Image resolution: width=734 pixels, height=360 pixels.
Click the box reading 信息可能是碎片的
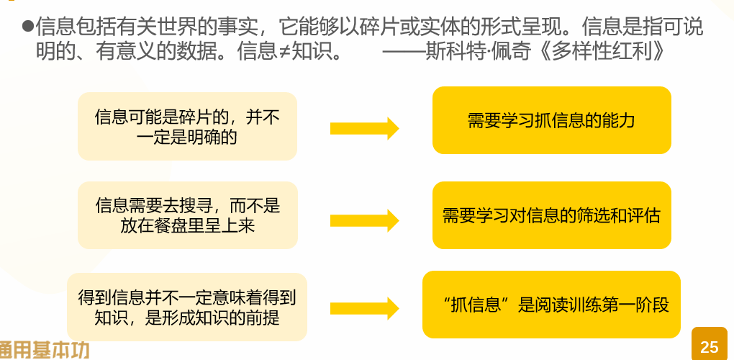coord(187,126)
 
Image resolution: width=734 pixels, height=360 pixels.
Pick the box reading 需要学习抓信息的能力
coord(552,120)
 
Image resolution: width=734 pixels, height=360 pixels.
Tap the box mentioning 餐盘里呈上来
coord(187,215)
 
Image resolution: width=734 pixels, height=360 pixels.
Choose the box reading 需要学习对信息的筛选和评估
coord(552,215)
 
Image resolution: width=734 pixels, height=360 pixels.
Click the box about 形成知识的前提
coord(187,307)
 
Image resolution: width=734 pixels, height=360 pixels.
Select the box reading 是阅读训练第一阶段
coord(552,305)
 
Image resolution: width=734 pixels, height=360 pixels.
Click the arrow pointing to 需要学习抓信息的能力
coord(364,128)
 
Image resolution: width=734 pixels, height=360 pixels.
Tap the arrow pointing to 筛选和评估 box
coord(364,220)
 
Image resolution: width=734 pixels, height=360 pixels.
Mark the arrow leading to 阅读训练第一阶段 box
coord(364,308)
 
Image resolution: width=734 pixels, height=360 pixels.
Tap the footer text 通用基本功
coord(45,349)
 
